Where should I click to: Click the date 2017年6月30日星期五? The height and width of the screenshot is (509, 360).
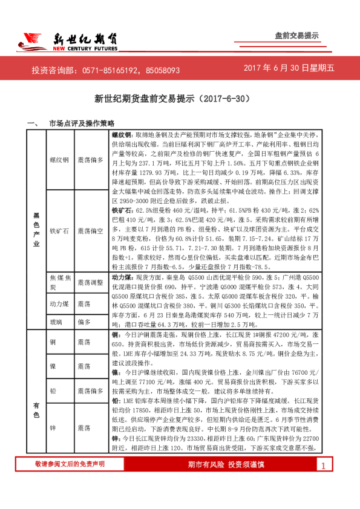289,70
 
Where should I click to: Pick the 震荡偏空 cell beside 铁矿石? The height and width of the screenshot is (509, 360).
91,231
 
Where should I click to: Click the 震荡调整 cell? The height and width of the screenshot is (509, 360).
91,282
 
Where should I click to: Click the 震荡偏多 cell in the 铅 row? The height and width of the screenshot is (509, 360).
91,392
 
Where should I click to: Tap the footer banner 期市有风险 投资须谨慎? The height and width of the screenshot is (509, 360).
226,481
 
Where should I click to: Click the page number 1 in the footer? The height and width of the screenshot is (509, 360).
323,482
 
